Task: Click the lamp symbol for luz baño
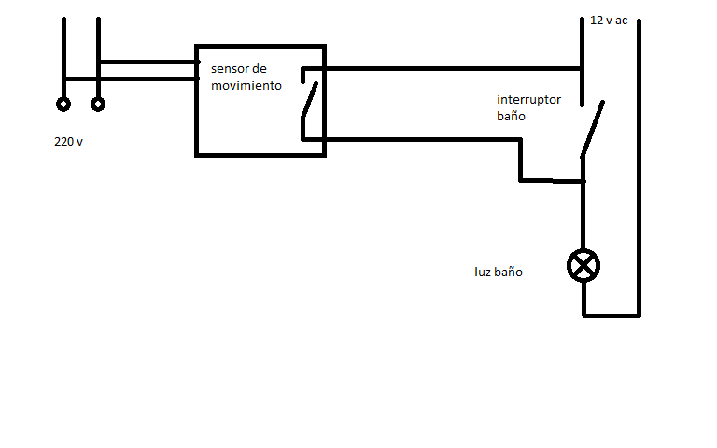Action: click(584, 266)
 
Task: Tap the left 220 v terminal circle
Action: click(63, 104)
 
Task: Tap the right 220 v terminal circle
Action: click(97, 104)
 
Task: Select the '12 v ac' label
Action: click(609, 20)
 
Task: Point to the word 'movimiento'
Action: click(246, 85)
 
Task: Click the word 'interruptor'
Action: click(529, 100)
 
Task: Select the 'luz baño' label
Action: click(499, 273)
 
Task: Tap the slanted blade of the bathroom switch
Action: click(592, 129)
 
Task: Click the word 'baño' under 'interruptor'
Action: click(512, 118)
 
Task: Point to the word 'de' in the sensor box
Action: click(260, 70)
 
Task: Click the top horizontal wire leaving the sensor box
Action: click(448, 68)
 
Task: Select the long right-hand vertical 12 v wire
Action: click(639, 168)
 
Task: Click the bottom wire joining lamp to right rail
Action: click(612, 315)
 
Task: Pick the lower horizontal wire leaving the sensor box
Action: click(420, 140)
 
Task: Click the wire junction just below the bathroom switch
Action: click(584, 180)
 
